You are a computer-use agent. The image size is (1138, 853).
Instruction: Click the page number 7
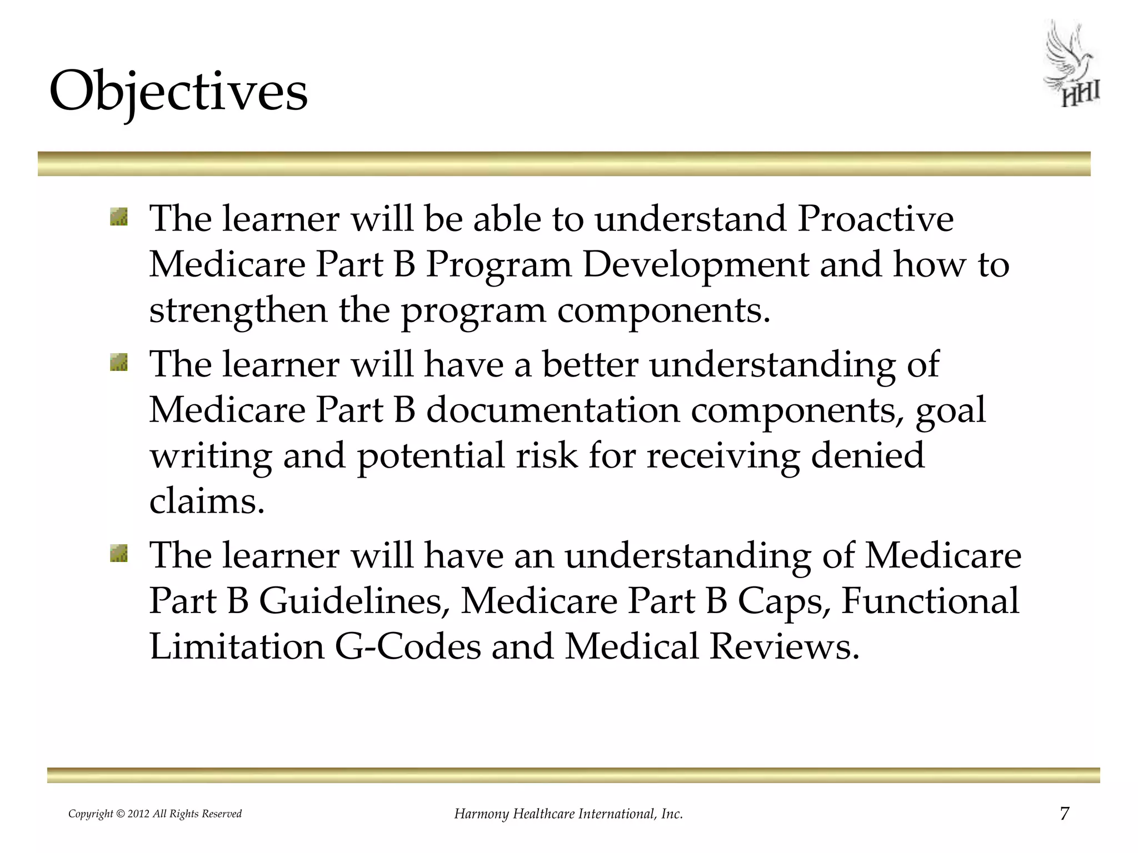(1064, 814)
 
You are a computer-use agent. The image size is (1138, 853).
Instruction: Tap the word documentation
(553, 410)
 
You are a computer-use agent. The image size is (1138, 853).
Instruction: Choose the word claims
(206, 501)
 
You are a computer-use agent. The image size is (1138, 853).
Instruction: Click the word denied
(867, 455)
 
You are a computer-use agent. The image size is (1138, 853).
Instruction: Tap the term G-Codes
(407, 647)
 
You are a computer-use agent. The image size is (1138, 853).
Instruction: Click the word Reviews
(784, 647)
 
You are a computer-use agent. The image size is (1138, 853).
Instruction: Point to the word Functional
(930, 601)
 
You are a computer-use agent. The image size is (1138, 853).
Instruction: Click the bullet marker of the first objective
(119, 217)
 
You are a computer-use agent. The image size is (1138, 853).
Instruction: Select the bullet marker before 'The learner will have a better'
(119, 363)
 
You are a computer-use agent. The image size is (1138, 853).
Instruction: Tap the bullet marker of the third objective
(119, 554)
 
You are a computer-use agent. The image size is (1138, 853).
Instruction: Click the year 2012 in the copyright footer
(139, 814)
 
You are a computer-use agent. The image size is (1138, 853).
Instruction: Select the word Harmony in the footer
(481, 814)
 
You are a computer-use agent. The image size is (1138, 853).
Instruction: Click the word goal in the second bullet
(950, 412)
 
